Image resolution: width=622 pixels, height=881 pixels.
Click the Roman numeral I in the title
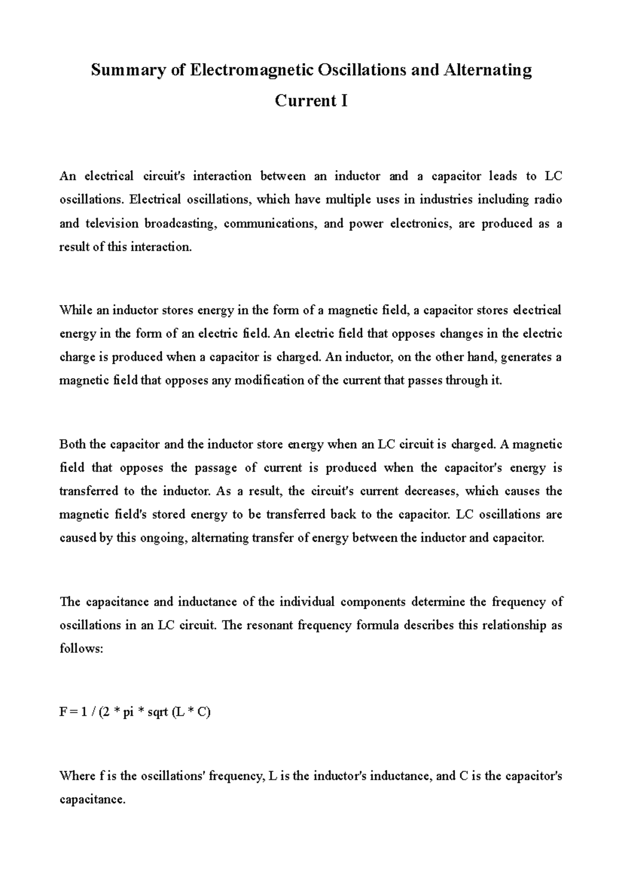tap(344, 100)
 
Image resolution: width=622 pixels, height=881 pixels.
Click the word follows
tap(81, 649)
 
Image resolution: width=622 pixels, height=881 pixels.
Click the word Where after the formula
tap(77, 776)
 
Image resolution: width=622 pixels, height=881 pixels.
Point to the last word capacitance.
tap(92, 800)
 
